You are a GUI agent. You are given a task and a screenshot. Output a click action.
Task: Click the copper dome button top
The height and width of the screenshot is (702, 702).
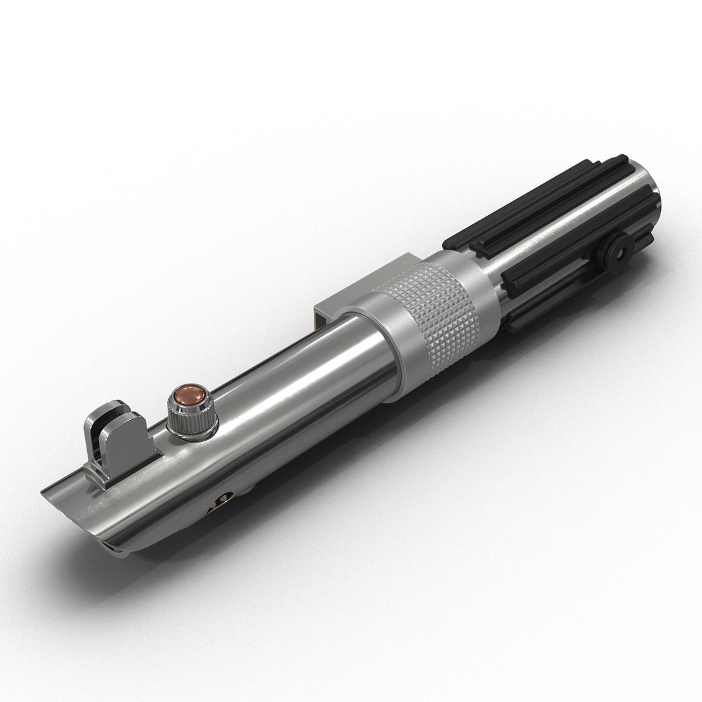tap(190, 396)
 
